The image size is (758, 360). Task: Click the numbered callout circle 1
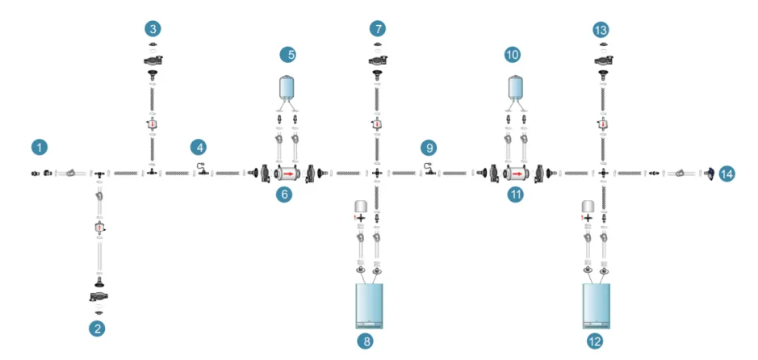pos(40,147)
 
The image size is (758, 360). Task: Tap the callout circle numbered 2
pos(97,329)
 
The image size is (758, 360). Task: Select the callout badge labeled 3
pos(153,29)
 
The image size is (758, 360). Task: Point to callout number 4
pos(199,148)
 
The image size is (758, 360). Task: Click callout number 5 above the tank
pos(290,55)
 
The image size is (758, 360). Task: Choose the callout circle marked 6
pos(284,195)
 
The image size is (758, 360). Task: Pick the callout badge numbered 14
pos(726,173)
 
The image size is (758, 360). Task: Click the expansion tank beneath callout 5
pos(290,86)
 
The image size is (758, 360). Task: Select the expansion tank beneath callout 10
pos(517,86)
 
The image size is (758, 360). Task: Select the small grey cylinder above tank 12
pos(588,206)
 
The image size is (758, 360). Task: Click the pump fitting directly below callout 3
pos(153,61)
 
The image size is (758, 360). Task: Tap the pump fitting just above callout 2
pos(98,297)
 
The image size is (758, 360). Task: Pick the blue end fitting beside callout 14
pos(710,173)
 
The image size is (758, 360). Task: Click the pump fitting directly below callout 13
pos(603,61)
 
